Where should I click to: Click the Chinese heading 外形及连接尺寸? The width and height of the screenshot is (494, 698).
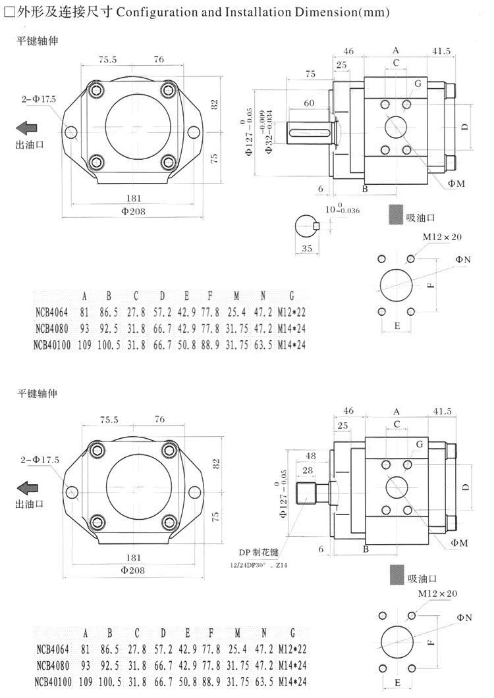[55, 12]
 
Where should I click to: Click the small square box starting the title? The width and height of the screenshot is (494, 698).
[9, 12]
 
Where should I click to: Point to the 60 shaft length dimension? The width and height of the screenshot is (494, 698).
[308, 103]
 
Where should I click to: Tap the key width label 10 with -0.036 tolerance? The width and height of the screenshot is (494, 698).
[342, 209]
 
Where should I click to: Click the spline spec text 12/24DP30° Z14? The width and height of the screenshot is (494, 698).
[260, 566]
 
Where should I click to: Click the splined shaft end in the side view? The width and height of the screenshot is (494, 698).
[308, 493]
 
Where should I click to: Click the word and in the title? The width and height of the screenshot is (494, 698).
[200, 12]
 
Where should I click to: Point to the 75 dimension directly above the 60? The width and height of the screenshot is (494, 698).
[310, 74]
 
